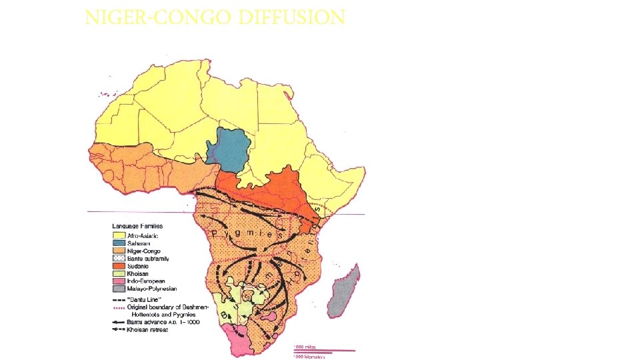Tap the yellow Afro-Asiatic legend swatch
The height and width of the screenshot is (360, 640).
[x=118, y=235]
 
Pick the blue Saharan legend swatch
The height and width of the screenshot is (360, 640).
[x=118, y=243]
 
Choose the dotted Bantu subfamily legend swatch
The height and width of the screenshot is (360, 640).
[x=118, y=258]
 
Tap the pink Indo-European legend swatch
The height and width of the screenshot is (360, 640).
[x=118, y=281]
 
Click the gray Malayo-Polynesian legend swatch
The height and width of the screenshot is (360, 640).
[x=118, y=289]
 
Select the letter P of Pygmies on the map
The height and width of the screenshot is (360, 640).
[x=215, y=233]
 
